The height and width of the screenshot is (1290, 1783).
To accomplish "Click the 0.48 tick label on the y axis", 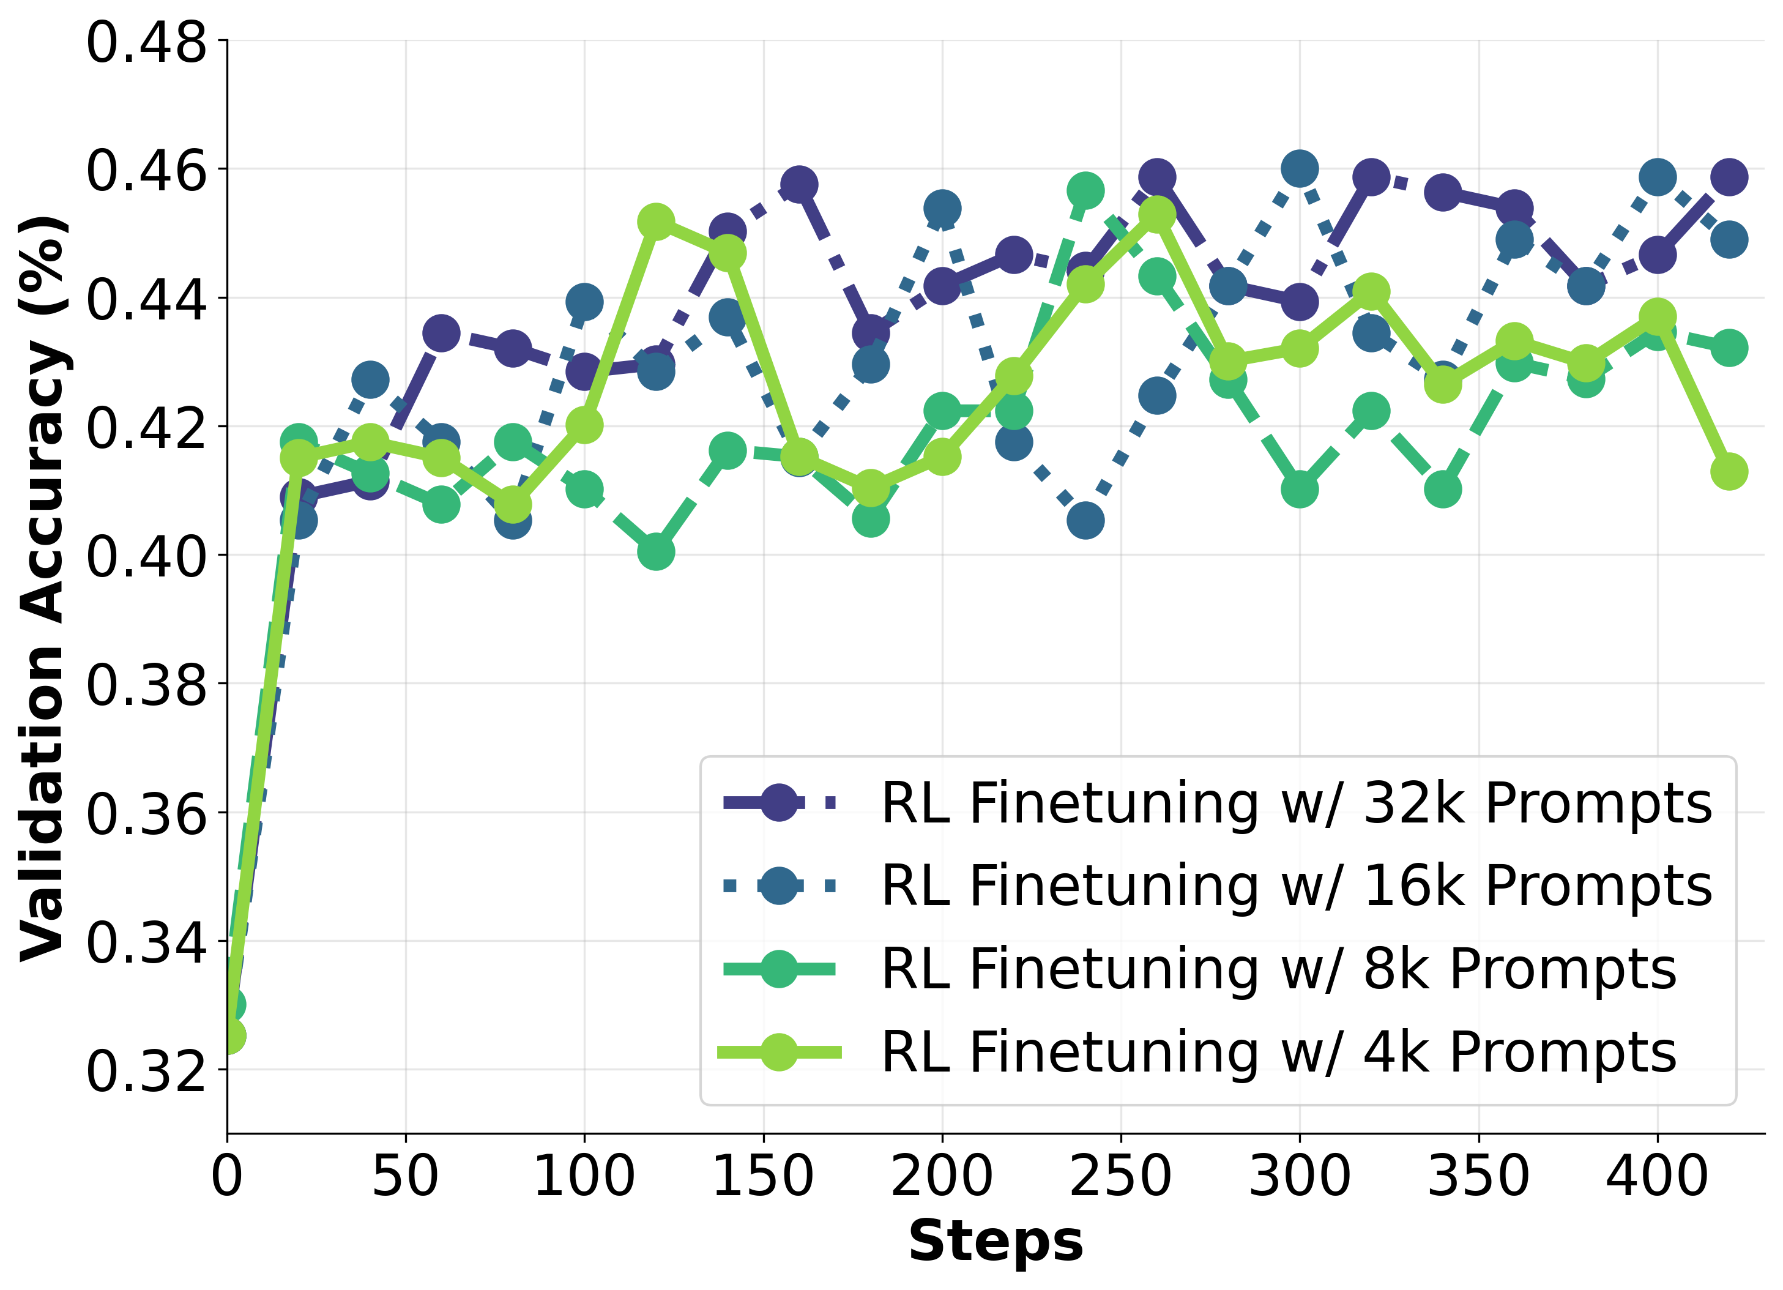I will pyautogui.click(x=146, y=42).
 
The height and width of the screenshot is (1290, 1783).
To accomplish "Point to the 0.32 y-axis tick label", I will pyautogui.click(x=146, y=1072).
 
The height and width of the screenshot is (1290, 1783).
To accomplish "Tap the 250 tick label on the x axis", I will pyautogui.click(x=1120, y=1177).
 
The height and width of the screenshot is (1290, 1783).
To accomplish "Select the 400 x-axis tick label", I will pyautogui.click(x=1656, y=1177).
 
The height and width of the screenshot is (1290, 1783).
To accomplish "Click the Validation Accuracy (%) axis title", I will pyautogui.click(x=43, y=588).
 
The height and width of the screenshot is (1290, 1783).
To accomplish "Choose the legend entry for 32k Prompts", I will pyautogui.click(x=1295, y=803).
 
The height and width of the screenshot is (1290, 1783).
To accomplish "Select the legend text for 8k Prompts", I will pyautogui.click(x=1278, y=969).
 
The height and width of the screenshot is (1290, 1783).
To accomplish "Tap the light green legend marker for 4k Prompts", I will pyautogui.click(x=779, y=1053).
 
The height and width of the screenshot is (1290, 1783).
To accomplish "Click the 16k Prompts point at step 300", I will pyautogui.click(x=1300, y=168).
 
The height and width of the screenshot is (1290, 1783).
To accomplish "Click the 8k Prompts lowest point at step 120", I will pyautogui.click(x=656, y=552).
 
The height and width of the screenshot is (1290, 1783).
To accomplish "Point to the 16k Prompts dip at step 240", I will pyautogui.click(x=1085, y=520).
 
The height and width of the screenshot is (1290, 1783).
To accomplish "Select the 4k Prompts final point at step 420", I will pyautogui.click(x=1729, y=472).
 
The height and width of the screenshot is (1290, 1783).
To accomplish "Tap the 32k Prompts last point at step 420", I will pyautogui.click(x=1729, y=177).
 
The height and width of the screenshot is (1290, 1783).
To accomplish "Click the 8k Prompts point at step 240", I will pyautogui.click(x=1085, y=190).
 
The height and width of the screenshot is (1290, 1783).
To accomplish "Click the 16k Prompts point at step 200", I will pyautogui.click(x=942, y=208).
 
